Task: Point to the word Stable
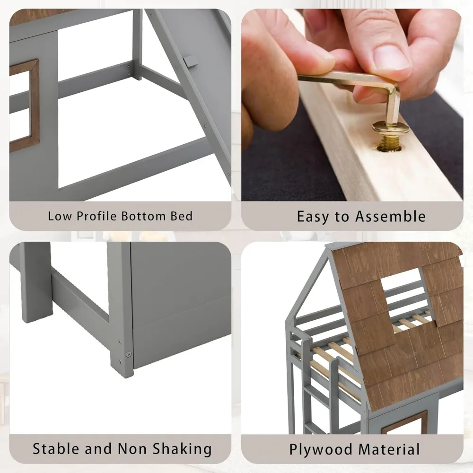56,448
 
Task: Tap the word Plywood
318,448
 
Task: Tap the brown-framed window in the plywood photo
404,422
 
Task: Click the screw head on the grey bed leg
128,352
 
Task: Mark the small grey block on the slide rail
191,61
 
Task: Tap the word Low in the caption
57,217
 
